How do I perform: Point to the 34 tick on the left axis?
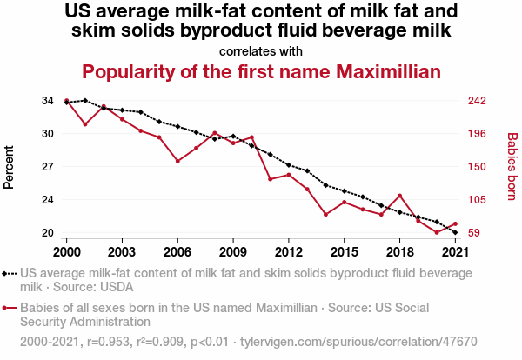point(47,101)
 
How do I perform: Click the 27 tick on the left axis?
point(47,166)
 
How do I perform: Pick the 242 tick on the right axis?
point(480,101)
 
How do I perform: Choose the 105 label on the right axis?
point(480,200)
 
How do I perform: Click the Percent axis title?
point(10,167)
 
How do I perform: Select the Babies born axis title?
point(512,167)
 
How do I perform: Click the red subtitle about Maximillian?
point(261,71)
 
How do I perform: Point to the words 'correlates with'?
point(261,50)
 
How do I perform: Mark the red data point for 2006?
point(177,161)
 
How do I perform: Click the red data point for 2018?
point(399,196)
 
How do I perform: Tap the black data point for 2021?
point(455,233)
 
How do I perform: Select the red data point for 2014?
point(325,214)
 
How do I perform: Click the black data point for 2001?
point(85,101)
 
